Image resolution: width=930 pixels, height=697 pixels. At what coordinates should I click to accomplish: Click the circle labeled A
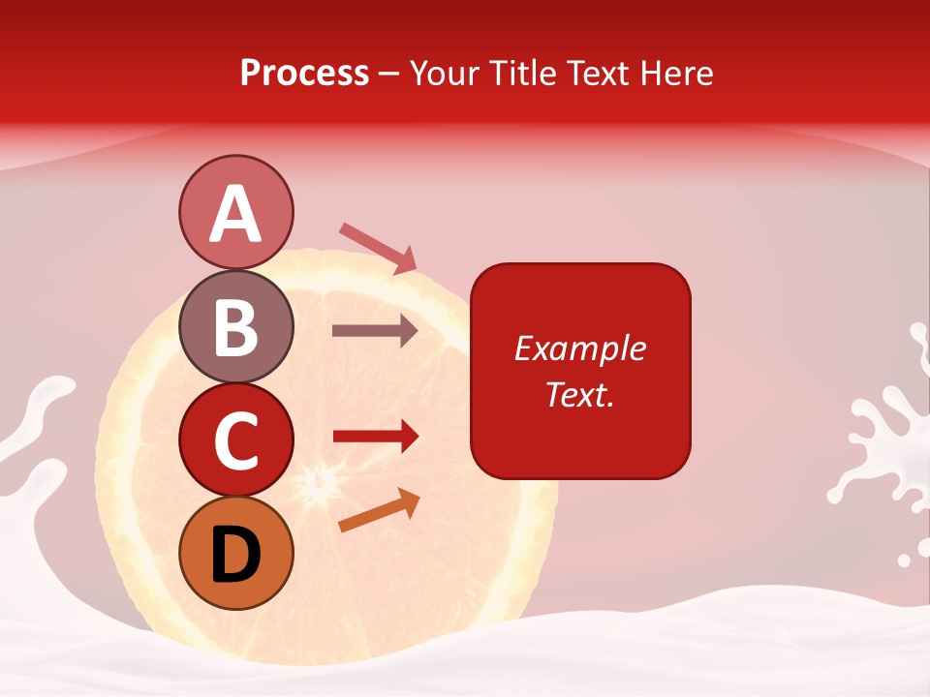click(x=235, y=213)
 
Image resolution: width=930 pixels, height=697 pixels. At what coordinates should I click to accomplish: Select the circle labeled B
click(x=235, y=326)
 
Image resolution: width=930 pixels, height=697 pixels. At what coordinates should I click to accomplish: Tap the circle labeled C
click(x=235, y=439)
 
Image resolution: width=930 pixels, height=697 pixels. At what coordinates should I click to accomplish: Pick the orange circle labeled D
click(x=235, y=553)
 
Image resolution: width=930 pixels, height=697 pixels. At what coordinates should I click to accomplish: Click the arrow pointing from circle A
click(x=378, y=248)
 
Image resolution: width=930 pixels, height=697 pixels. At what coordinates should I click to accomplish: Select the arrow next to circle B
click(x=375, y=331)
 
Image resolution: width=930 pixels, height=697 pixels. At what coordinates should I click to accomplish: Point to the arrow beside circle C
click(x=375, y=437)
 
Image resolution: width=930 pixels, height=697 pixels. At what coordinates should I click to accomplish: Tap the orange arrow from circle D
click(x=379, y=510)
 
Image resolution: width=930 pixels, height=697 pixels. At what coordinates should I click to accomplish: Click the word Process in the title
click(x=304, y=74)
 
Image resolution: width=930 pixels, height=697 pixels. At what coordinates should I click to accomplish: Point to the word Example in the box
click(x=579, y=348)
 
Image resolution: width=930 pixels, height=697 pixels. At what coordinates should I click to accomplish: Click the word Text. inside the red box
click(x=579, y=394)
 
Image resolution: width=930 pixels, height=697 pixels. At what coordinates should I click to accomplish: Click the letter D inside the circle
click(x=235, y=555)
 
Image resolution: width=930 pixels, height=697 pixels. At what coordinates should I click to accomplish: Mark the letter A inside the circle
click(x=235, y=214)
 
